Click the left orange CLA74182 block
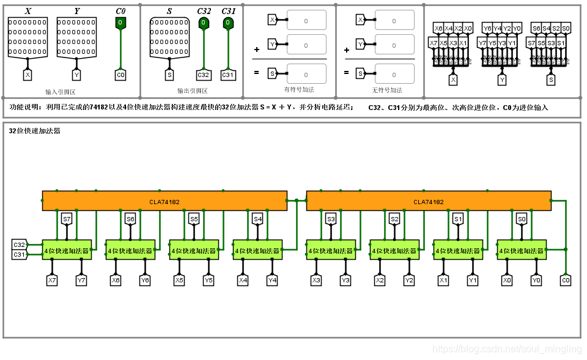click(x=164, y=201)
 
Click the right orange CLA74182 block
click(x=428, y=201)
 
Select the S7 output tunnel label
click(x=67, y=219)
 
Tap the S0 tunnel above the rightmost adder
click(x=521, y=219)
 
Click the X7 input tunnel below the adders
click(x=52, y=280)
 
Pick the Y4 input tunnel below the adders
click(x=272, y=280)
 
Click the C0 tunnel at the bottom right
click(x=566, y=280)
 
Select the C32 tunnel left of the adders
click(x=19, y=244)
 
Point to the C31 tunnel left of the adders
click(x=19, y=254)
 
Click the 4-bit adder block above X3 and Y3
click(x=331, y=250)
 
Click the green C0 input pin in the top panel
click(x=120, y=23)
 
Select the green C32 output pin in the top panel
click(x=204, y=23)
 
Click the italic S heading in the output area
click(x=169, y=11)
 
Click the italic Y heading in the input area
click(x=76, y=11)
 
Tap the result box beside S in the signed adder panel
click(x=306, y=73)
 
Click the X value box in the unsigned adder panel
click(x=394, y=20)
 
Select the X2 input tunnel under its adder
click(x=380, y=280)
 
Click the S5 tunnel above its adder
click(x=194, y=219)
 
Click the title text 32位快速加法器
click(x=35, y=131)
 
